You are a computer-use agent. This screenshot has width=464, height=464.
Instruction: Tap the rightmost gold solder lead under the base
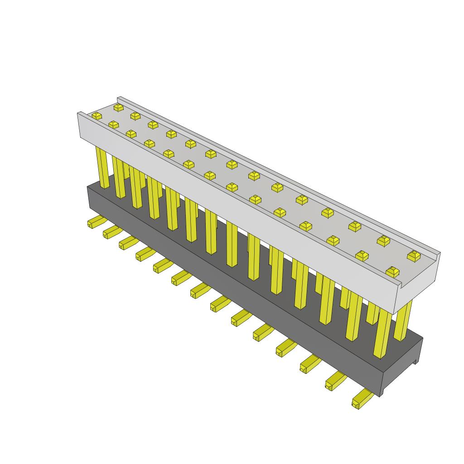[x=362, y=399]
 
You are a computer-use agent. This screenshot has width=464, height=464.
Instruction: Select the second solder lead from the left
[x=111, y=232]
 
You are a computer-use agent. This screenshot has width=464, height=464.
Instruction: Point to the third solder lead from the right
[x=309, y=363]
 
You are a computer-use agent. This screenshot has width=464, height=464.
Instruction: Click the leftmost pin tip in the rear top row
[x=119, y=107]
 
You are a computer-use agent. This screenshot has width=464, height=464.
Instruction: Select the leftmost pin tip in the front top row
[x=97, y=116]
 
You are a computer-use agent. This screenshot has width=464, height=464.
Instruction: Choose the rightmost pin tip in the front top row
[x=392, y=272]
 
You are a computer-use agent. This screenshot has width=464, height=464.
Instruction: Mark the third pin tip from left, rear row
[x=153, y=124]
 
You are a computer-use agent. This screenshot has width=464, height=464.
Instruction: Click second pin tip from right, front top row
[x=362, y=256]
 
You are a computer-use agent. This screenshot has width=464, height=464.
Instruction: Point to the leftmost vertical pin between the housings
[x=103, y=168]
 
